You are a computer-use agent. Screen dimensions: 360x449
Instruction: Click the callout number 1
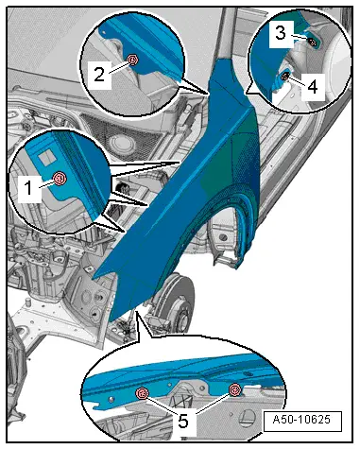tap(28, 188)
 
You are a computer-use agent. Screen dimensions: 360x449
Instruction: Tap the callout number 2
tap(99, 75)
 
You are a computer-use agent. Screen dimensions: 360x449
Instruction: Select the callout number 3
tap(281, 32)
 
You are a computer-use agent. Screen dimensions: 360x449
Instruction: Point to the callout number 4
tap(313, 86)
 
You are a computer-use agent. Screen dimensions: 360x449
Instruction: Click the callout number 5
tap(183, 421)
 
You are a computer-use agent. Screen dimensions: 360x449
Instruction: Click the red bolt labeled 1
tap(60, 179)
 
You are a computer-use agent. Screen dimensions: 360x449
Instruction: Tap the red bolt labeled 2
tap(133, 60)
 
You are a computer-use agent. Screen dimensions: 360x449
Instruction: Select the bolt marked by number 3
tap(313, 43)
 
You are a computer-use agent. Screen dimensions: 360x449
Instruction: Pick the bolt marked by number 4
tap(284, 76)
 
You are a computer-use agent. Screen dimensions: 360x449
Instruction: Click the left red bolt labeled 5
tap(142, 393)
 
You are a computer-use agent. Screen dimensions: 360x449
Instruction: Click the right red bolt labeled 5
tap(234, 389)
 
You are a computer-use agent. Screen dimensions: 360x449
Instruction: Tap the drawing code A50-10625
tap(301, 420)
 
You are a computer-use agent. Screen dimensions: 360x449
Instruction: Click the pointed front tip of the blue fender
tap(93, 279)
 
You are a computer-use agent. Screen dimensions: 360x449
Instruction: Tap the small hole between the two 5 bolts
tap(169, 385)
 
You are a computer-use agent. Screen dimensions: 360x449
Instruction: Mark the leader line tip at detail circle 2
tap(208, 93)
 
